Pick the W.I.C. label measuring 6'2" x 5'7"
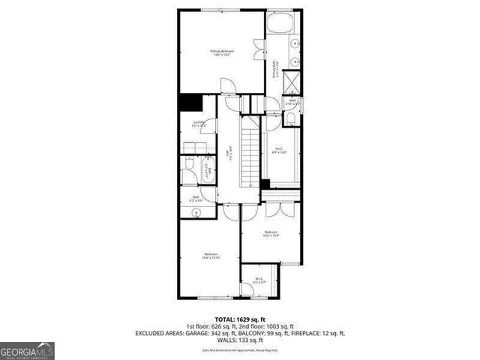(x=259, y=281)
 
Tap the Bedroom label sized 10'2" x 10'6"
(x=271, y=234)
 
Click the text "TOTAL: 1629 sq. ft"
(x=239, y=318)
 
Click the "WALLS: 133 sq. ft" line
(x=239, y=339)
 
